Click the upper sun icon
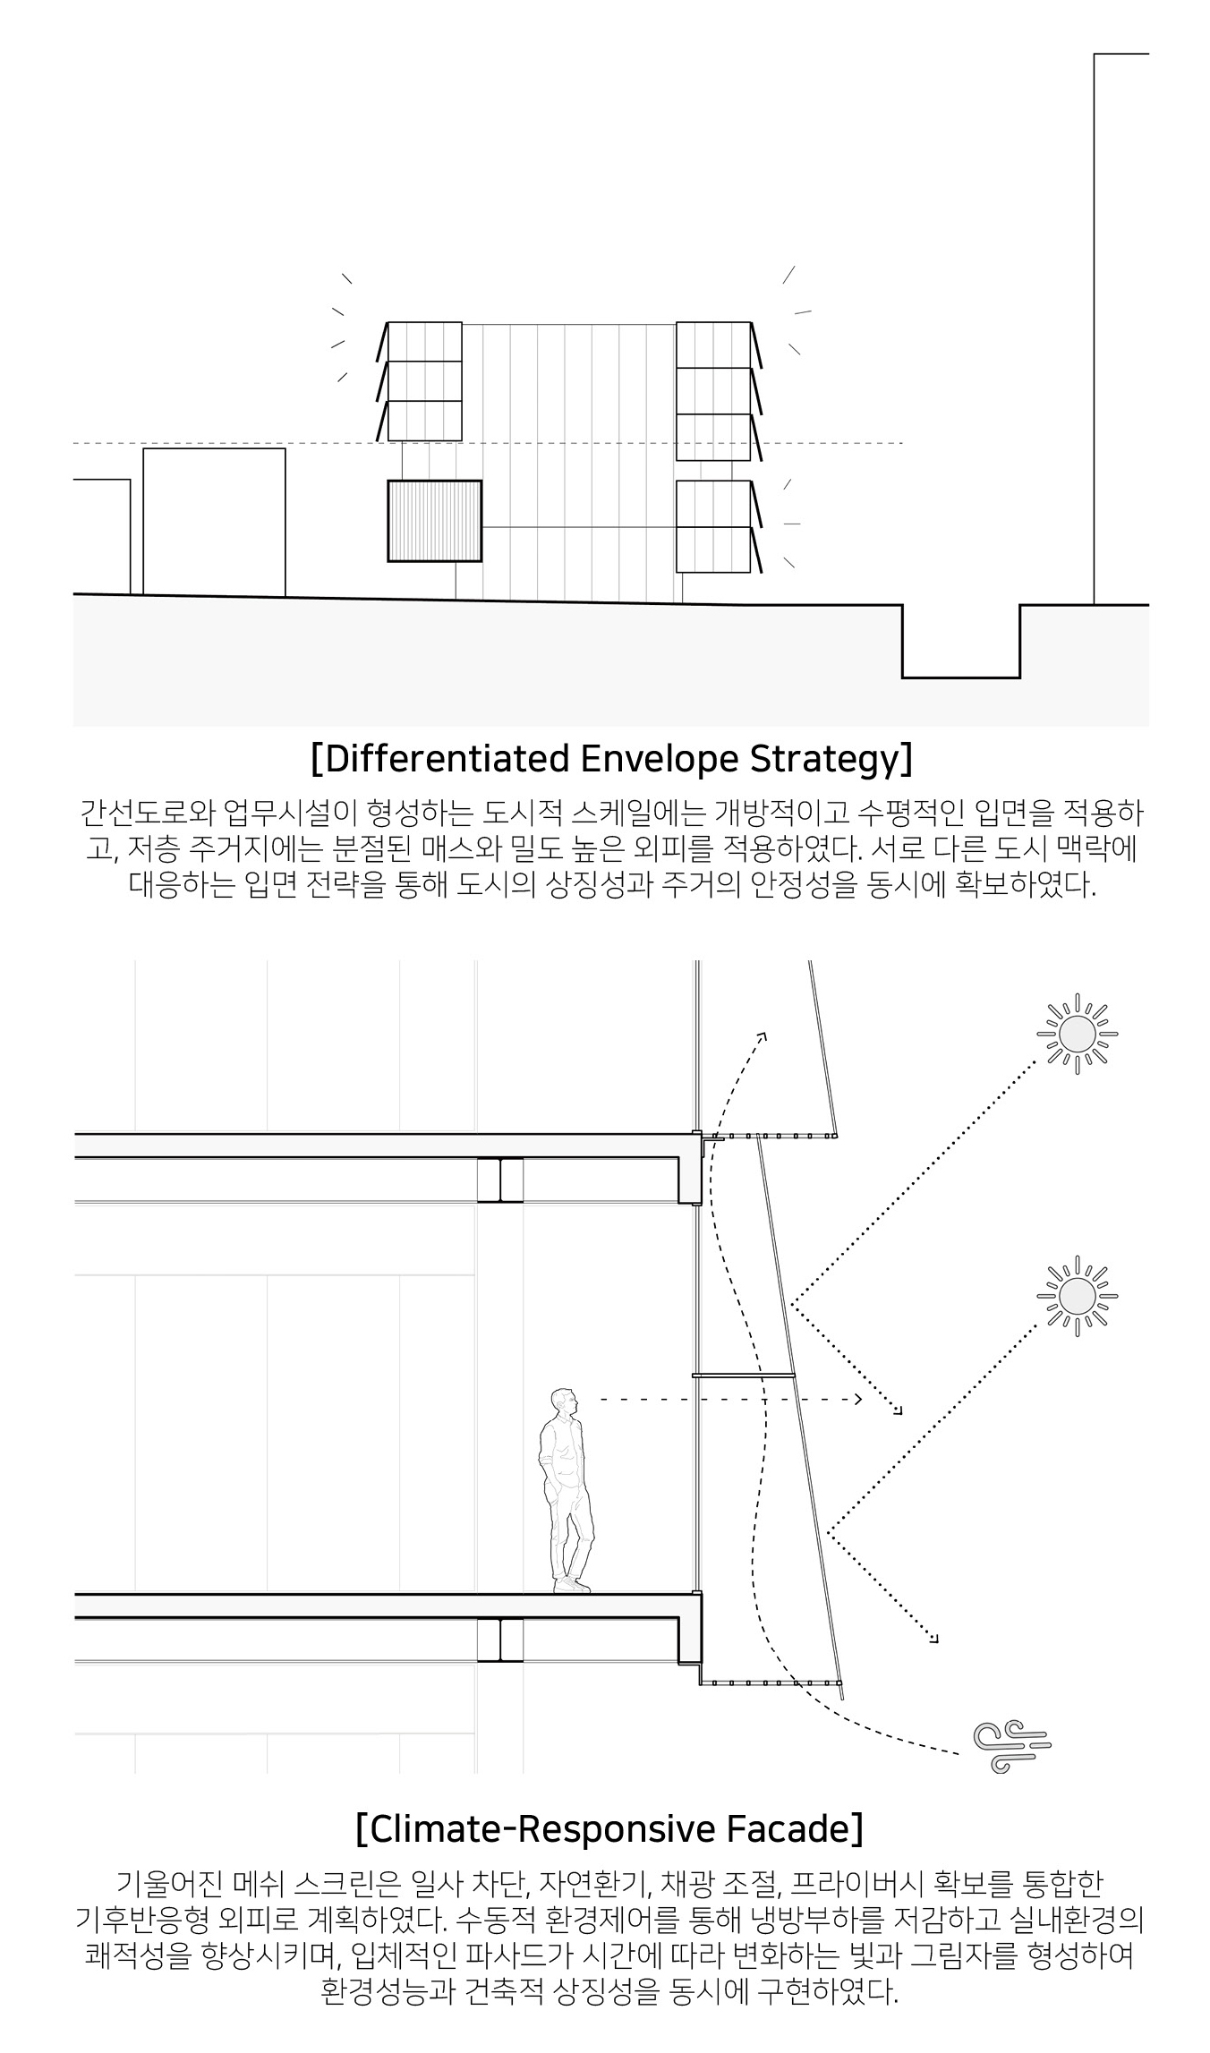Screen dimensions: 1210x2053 (1078, 1035)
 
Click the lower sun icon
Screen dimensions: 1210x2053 (1078, 1296)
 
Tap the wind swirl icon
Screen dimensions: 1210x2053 (1012, 1745)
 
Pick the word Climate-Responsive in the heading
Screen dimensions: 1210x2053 (542, 1830)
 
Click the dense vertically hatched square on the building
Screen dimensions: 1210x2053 (434, 521)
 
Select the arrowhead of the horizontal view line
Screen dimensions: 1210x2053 (857, 1399)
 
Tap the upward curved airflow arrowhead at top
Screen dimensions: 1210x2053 (763, 1036)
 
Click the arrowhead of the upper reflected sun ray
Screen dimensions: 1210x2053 (898, 1411)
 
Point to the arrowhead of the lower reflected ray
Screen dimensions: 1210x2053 (934, 1638)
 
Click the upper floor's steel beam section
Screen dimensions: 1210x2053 (499, 1180)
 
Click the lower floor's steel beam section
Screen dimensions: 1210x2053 (499, 1639)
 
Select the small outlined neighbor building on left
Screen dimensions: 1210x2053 (214, 522)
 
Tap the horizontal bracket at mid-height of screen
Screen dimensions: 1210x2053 (744, 1375)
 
